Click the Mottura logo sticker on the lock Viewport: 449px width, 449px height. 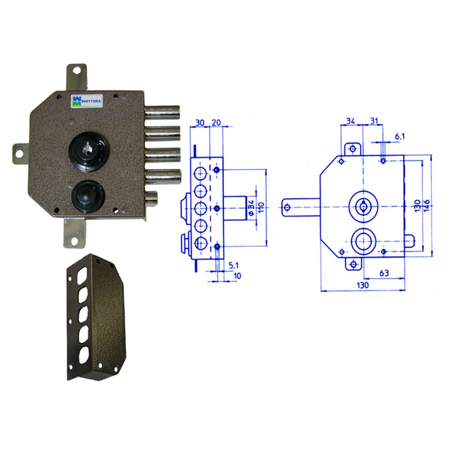coord(86,101)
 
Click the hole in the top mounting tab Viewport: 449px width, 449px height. coord(76,70)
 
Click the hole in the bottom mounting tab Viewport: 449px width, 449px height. coord(74,242)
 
